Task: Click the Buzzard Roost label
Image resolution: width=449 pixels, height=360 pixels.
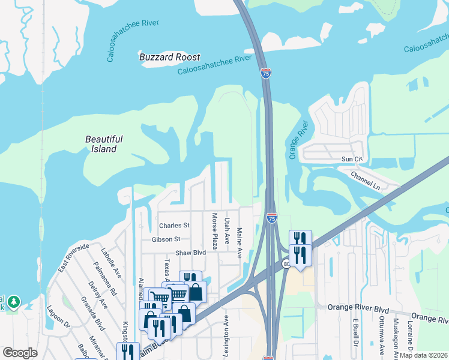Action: pyautogui.click(x=169, y=57)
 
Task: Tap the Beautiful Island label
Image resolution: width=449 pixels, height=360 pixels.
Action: pyautogui.click(x=103, y=144)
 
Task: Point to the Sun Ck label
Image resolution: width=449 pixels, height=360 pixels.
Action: pyautogui.click(x=352, y=159)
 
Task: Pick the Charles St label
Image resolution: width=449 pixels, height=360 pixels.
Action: pyautogui.click(x=174, y=226)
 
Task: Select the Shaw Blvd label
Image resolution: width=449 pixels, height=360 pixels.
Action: pyautogui.click(x=190, y=253)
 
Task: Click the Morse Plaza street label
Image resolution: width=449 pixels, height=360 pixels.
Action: pyautogui.click(x=214, y=230)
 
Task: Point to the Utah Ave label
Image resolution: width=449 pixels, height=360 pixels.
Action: pyautogui.click(x=227, y=230)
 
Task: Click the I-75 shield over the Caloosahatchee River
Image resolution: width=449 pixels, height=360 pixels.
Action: pyautogui.click(x=266, y=73)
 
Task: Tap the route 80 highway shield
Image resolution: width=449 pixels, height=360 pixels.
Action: pyautogui.click(x=286, y=263)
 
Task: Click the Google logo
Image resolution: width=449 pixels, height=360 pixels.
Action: pyautogui.click(x=20, y=353)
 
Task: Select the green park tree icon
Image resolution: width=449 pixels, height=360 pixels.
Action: pyautogui.click(x=14, y=301)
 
